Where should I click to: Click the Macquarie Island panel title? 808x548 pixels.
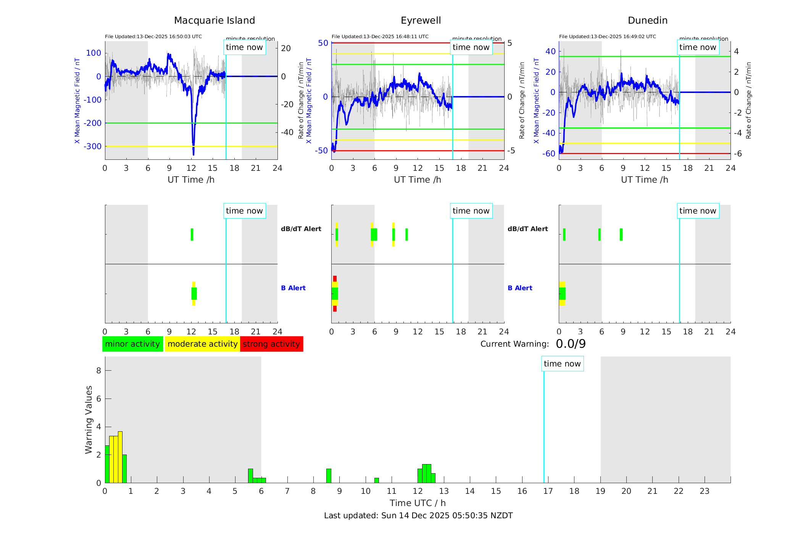click(x=214, y=21)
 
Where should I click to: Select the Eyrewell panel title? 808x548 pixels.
click(x=421, y=21)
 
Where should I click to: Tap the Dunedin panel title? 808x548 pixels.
click(x=647, y=21)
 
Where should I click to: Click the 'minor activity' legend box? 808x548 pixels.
click(x=132, y=344)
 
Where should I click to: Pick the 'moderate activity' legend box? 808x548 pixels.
click(x=202, y=344)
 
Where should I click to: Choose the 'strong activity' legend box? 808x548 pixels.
click(x=271, y=344)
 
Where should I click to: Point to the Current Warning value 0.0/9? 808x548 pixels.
click(x=571, y=344)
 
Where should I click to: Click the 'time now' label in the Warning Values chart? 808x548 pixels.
click(x=562, y=364)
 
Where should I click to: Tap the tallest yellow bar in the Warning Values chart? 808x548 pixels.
click(x=120, y=457)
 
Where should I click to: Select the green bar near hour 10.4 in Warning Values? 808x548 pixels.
click(x=377, y=481)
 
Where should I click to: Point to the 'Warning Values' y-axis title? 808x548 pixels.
click(x=89, y=419)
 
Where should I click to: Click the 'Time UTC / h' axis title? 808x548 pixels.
click(x=418, y=503)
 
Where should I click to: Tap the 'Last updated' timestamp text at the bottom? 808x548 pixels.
click(x=418, y=516)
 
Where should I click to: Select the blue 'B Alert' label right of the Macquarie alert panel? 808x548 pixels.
click(x=293, y=288)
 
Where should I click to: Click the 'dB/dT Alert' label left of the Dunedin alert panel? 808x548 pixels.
click(x=527, y=229)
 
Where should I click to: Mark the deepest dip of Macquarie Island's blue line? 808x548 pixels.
click(x=194, y=154)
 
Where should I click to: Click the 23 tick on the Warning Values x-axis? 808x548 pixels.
click(x=704, y=491)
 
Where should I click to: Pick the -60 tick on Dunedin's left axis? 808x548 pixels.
click(x=550, y=154)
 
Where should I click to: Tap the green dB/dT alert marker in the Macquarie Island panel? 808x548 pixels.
click(x=192, y=235)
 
